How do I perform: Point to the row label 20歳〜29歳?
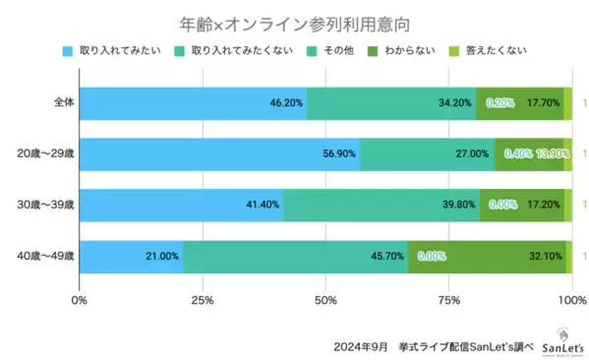click(48, 153)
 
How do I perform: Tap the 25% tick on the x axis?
click(203, 299)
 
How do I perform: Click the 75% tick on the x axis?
click(449, 299)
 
